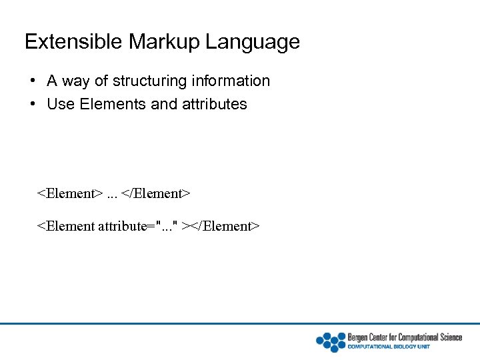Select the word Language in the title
(253, 43)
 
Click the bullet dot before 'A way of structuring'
(32, 81)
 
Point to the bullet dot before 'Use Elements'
(32, 105)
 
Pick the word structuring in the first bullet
(149, 81)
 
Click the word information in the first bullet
(230, 81)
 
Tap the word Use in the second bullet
(59, 105)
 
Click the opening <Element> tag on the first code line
(69, 194)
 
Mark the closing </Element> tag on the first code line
(156, 194)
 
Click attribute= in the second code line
(125, 227)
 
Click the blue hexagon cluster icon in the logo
(331, 341)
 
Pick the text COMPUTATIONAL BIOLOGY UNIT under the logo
(389, 347)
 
